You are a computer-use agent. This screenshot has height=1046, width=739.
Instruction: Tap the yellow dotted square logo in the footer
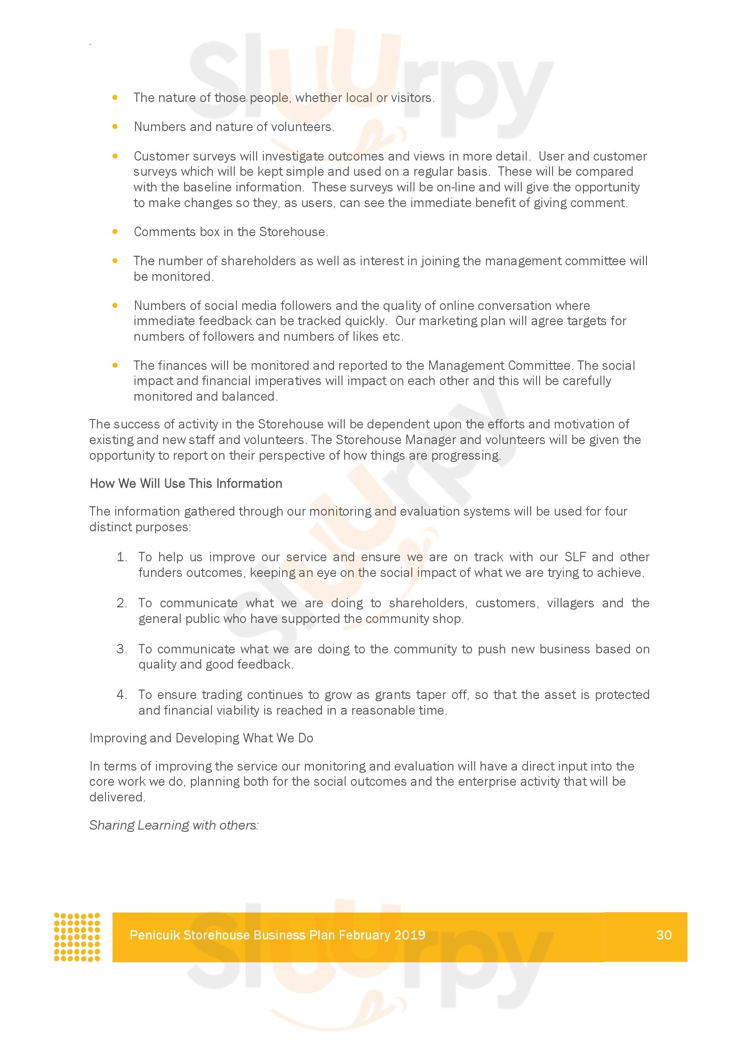77,937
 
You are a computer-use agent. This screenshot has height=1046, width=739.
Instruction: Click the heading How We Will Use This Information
186,483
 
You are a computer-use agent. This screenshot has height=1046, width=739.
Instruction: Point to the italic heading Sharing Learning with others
174,825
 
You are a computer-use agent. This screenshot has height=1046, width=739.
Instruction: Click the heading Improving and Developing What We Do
201,738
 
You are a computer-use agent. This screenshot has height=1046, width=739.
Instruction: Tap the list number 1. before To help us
122,557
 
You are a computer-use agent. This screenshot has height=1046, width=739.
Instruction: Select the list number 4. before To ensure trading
122,695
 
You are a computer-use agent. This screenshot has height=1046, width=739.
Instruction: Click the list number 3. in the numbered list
122,649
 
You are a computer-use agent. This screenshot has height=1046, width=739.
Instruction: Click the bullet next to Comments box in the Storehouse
115,232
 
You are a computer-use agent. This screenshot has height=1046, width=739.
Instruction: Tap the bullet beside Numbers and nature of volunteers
115,127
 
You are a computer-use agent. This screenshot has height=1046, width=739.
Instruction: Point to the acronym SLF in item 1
574,557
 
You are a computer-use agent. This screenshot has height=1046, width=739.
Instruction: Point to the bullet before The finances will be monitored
115,365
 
